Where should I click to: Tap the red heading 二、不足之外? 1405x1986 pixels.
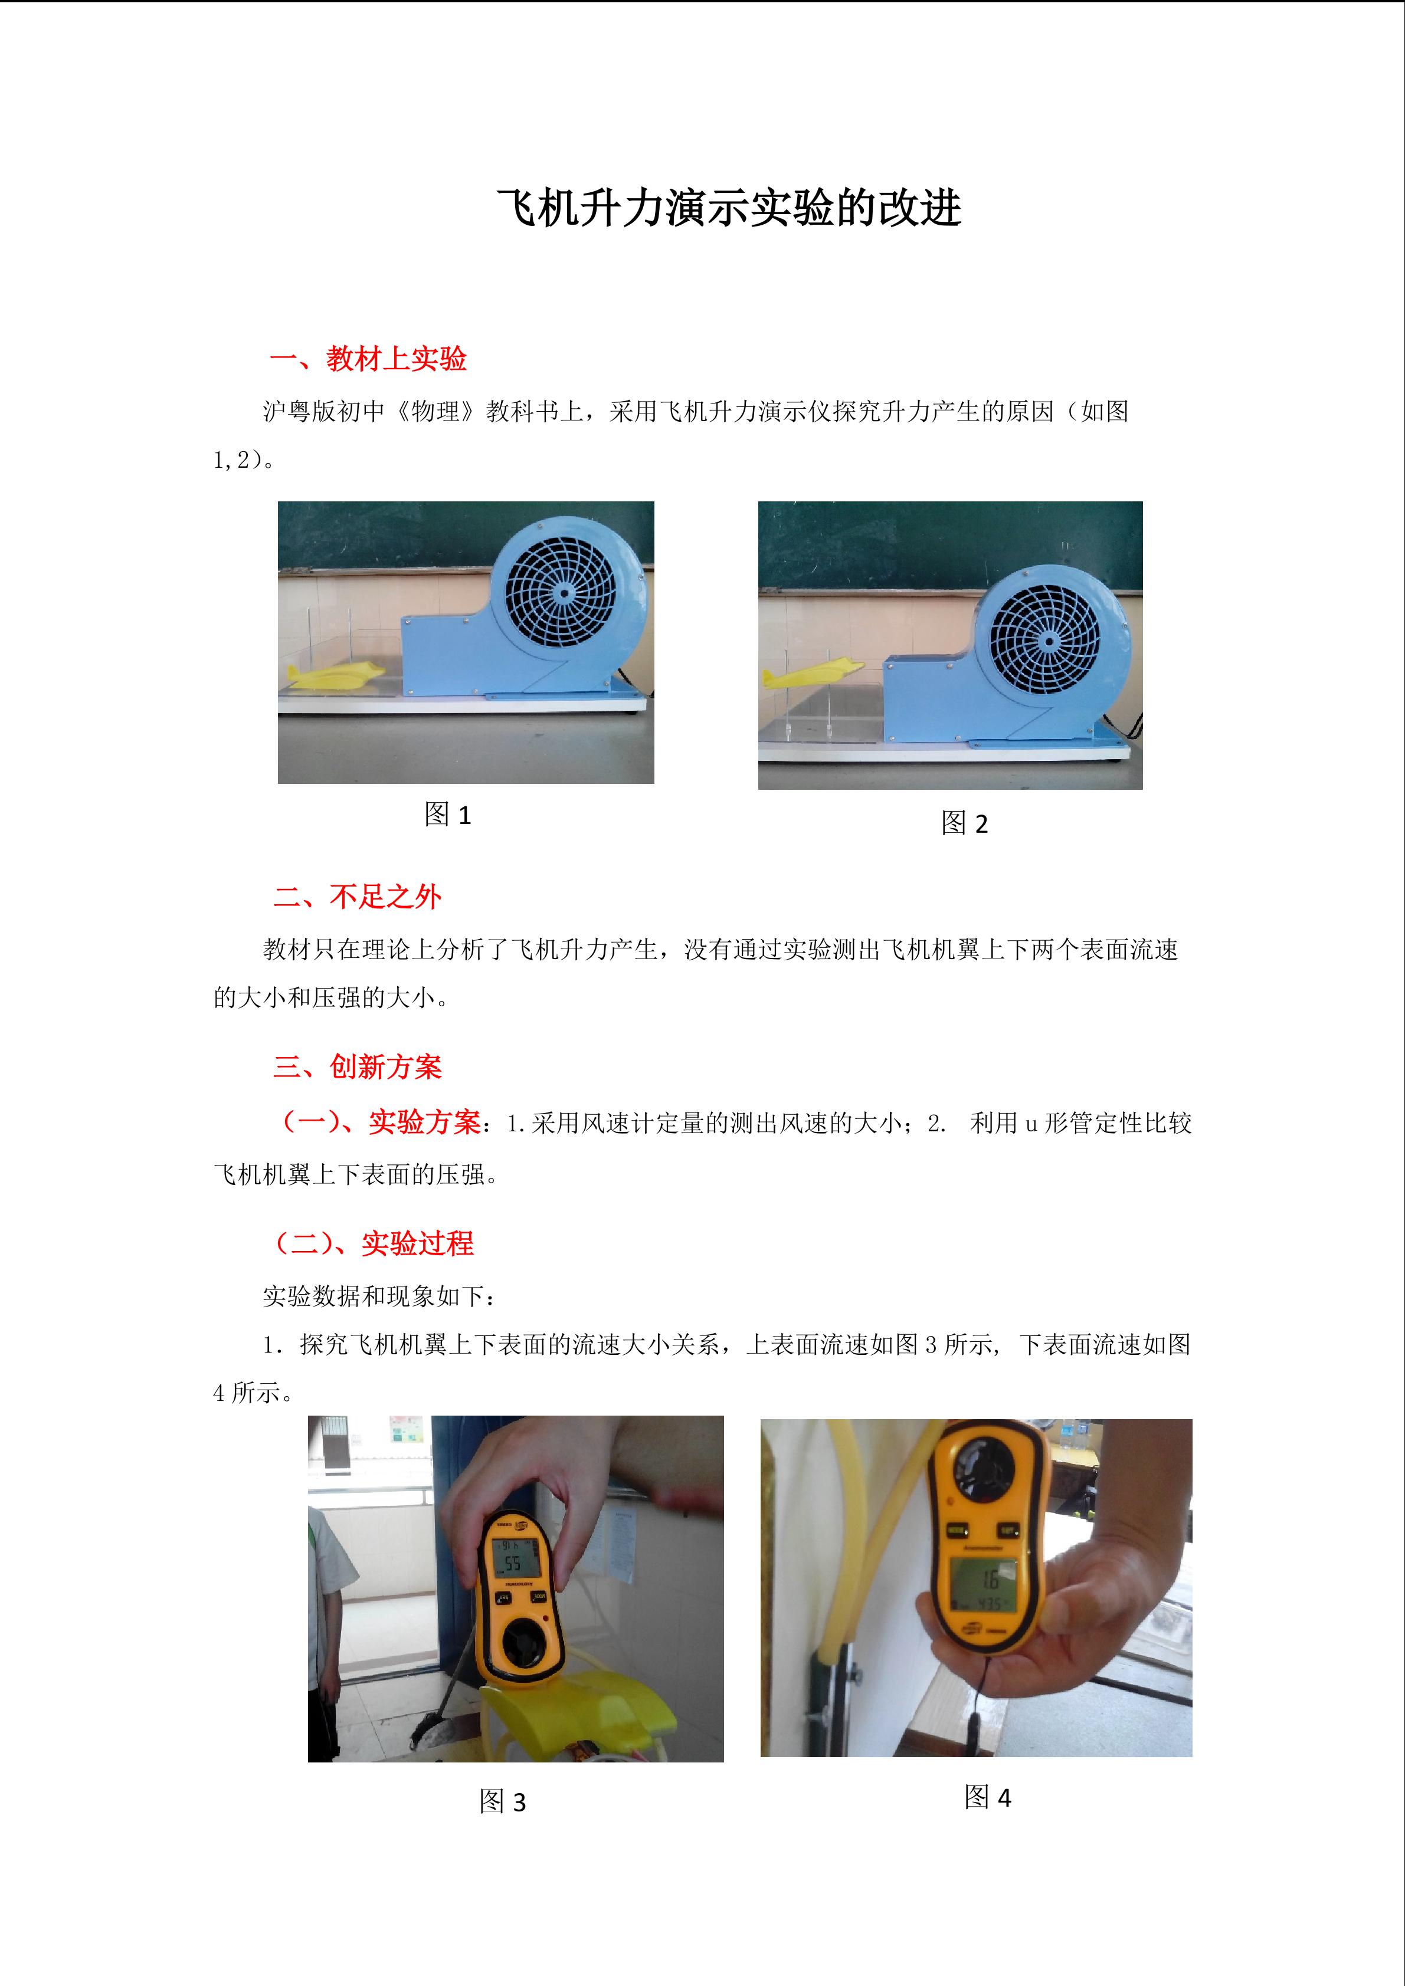point(358,896)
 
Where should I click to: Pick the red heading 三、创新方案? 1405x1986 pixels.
point(358,1066)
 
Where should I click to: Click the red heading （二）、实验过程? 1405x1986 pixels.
point(373,1243)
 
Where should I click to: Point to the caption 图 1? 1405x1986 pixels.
point(447,814)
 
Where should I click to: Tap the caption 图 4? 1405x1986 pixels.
point(987,1797)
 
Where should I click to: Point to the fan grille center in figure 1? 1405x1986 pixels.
point(562,593)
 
